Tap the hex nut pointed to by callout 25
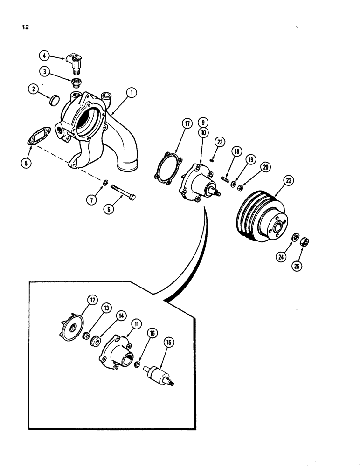pos(306,242)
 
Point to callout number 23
pos(220,142)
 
